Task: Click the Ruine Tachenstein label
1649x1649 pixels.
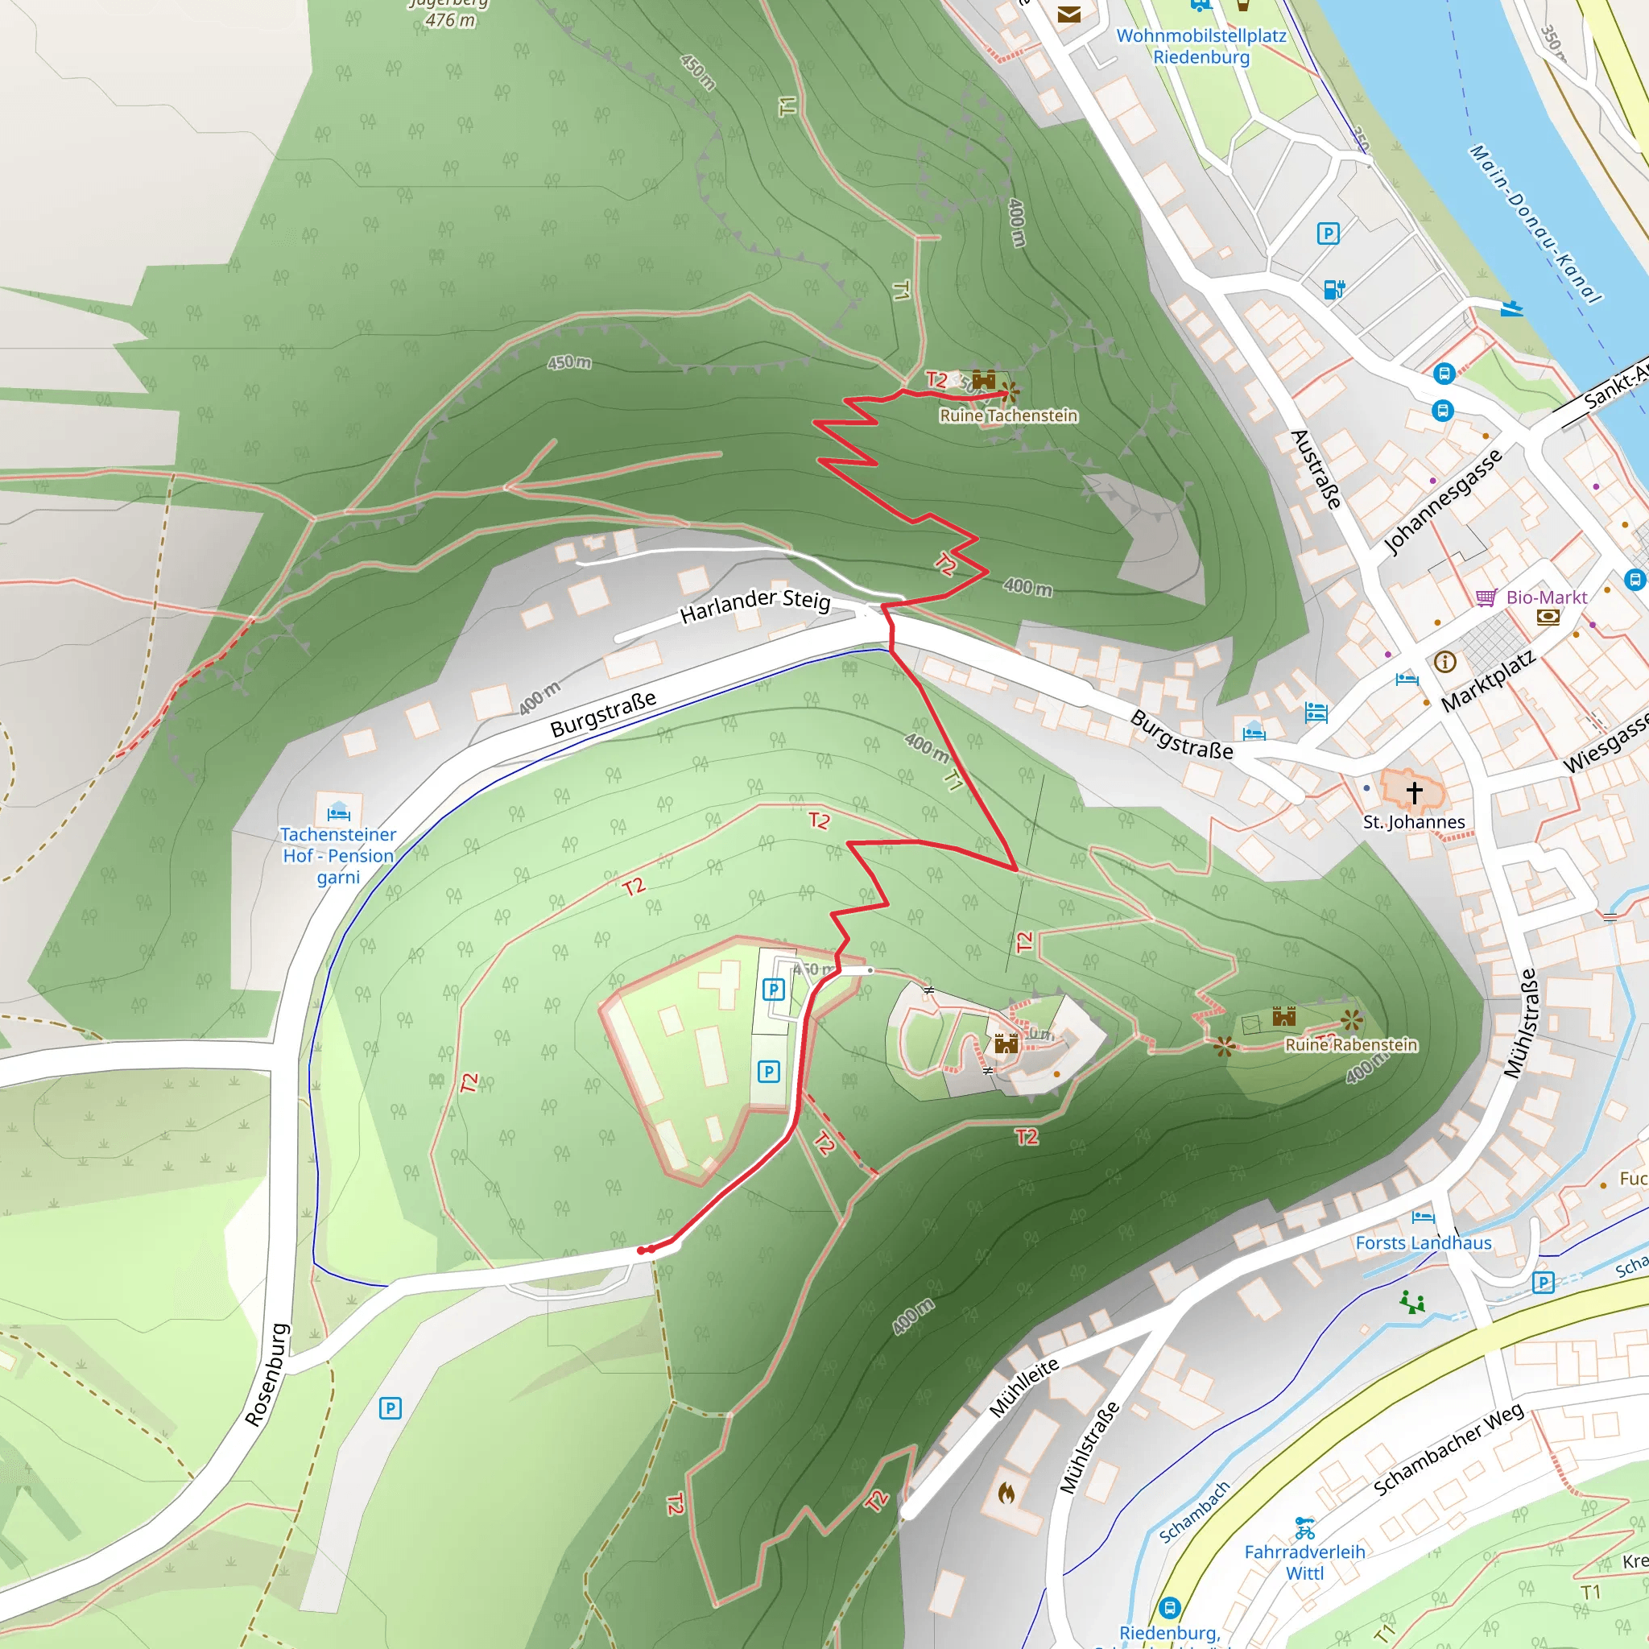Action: pos(1008,415)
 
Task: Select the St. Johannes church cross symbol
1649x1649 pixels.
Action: pos(1414,792)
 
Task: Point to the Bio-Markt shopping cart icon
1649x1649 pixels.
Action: pos(1486,597)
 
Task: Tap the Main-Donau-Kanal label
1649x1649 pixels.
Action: pos(1534,224)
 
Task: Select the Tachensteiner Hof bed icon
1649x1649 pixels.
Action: pos(339,810)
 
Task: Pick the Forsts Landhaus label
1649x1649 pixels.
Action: pos(1423,1242)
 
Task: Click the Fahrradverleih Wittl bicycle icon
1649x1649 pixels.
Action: pos(1304,1527)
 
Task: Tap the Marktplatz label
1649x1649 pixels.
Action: pos(1488,680)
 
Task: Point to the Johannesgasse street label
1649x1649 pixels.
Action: pos(1441,501)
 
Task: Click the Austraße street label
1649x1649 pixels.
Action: pos(1316,469)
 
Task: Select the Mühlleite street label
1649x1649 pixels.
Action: pos(1024,1387)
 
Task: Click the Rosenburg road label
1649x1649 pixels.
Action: pos(267,1374)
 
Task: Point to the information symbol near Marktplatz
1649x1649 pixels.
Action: pos(1445,662)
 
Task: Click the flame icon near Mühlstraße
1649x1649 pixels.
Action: pos(1006,1493)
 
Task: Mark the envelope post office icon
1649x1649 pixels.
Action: pos(1068,14)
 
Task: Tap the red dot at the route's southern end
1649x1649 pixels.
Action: pos(642,1250)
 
